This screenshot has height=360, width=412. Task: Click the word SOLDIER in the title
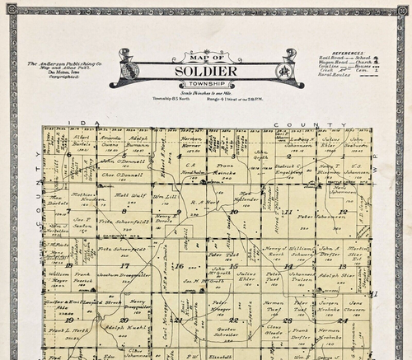(x=206, y=72)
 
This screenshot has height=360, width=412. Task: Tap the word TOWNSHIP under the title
(x=206, y=85)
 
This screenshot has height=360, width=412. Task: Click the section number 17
(x=124, y=266)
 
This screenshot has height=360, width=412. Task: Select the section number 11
(x=288, y=212)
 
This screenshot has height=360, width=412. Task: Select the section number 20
(x=124, y=320)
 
